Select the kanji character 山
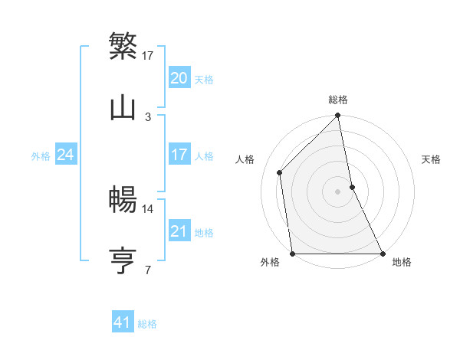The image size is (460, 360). click(x=123, y=108)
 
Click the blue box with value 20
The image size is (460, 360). click(x=179, y=78)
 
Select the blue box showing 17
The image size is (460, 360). click(x=179, y=155)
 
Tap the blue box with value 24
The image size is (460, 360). click(x=66, y=155)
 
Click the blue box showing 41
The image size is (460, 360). click(x=123, y=322)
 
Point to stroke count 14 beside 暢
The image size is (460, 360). click(x=148, y=208)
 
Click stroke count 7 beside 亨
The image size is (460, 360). click(x=148, y=270)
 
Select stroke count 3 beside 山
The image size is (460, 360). click(x=148, y=116)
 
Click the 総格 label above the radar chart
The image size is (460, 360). click(x=338, y=100)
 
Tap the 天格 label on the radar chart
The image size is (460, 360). click(x=432, y=159)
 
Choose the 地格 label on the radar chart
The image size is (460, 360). click(x=402, y=262)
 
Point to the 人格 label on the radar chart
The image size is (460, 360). click(x=245, y=159)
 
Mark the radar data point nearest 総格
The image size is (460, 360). click(x=338, y=116)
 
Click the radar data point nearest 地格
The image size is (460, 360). click(x=383, y=253)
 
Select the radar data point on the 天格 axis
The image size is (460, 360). click(x=352, y=186)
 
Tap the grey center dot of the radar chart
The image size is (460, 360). click(x=338, y=191)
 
